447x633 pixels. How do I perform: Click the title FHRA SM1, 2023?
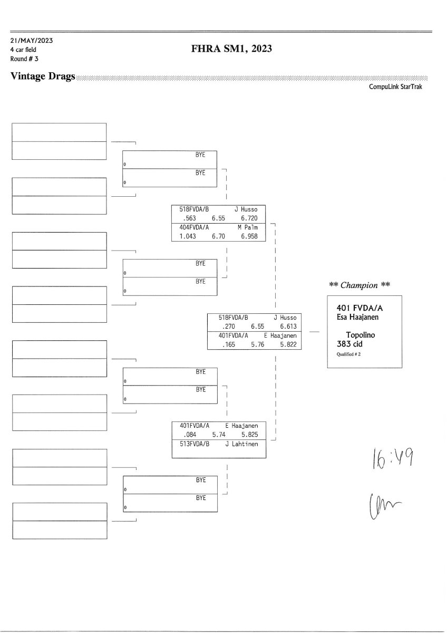coord(231,50)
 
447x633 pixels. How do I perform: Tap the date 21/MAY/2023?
coord(31,41)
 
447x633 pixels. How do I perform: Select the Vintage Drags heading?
coord(43,77)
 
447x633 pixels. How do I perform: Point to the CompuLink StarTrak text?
coord(395,87)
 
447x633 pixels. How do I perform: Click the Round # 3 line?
coord(24,59)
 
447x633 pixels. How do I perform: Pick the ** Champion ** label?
coord(359,285)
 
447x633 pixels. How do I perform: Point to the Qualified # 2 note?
coord(348,354)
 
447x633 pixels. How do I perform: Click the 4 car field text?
coord(24,50)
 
